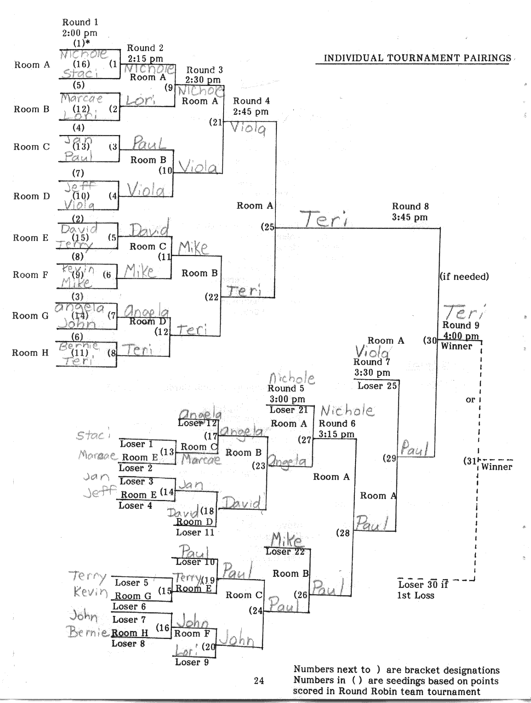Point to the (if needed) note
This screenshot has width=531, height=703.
click(464, 277)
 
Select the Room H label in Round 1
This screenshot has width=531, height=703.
click(30, 352)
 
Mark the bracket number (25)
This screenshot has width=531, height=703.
click(268, 227)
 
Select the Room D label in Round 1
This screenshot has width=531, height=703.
click(31, 196)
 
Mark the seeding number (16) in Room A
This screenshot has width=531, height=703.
click(81, 64)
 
